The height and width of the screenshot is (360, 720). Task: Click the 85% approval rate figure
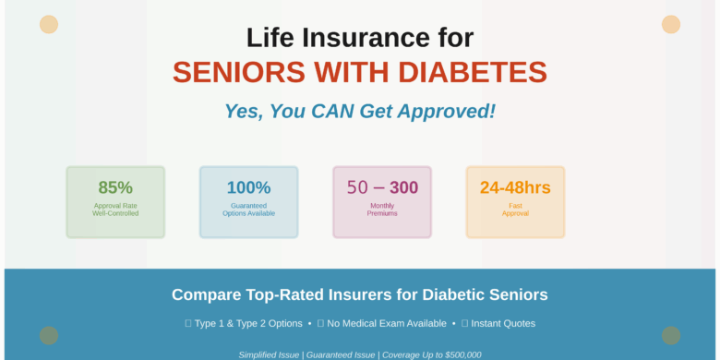115,187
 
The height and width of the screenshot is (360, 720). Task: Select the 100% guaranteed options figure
248,187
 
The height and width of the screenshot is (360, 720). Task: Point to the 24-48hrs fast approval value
515,187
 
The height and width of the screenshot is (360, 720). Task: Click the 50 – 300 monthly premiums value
382,187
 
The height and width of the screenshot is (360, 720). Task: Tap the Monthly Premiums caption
382,210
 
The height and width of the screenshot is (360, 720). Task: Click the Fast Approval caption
515,210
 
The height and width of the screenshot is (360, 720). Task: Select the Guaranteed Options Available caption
248,210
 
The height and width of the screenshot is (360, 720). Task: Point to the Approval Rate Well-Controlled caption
115,210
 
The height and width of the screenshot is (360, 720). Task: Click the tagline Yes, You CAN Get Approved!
360,112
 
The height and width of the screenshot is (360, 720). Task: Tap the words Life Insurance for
360,38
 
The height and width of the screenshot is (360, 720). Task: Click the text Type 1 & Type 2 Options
248,323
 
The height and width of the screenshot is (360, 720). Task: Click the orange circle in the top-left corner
49,25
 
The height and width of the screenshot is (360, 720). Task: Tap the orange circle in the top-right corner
671,25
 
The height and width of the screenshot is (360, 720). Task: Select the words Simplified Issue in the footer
269,354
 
